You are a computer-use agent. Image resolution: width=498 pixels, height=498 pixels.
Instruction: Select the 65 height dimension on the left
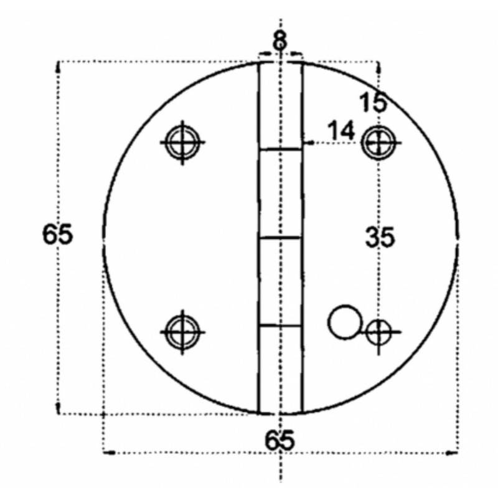(x=57, y=234)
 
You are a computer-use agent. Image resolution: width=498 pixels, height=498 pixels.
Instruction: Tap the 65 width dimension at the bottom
(x=280, y=439)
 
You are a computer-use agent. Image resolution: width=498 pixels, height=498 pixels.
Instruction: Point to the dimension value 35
(x=380, y=237)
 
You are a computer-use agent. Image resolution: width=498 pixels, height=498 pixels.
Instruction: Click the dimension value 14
(x=341, y=131)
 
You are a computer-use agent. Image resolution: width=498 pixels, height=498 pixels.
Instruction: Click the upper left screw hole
(x=182, y=142)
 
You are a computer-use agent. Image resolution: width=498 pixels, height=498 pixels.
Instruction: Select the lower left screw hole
(x=182, y=332)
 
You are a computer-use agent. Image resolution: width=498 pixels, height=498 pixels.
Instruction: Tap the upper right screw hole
(x=378, y=143)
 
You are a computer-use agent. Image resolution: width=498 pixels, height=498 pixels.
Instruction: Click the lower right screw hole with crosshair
(x=378, y=332)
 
